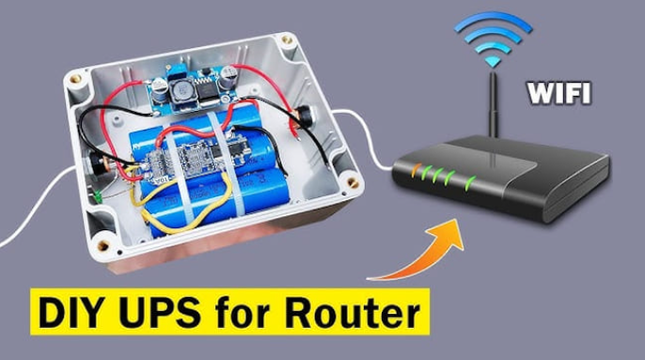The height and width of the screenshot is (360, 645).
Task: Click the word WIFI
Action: pyautogui.click(x=559, y=93)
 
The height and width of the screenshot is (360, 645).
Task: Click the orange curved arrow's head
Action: pyautogui.click(x=448, y=235)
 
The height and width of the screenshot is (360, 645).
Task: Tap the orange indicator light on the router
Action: pyautogui.click(x=416, y=170)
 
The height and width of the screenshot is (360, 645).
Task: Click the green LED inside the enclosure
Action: pyautogui.click(x=99, y=196)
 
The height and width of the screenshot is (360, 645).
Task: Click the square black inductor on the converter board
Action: pyautogui.click(x=181, y=91)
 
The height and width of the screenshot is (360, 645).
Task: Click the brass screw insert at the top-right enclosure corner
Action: pyautogui.click(x=287, y=39)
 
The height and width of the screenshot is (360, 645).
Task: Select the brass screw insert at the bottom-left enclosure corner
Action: pyautogui.click(x=102, y=245)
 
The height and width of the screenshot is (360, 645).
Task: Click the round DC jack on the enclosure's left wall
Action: pyautogui.click(x=97, y=164)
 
